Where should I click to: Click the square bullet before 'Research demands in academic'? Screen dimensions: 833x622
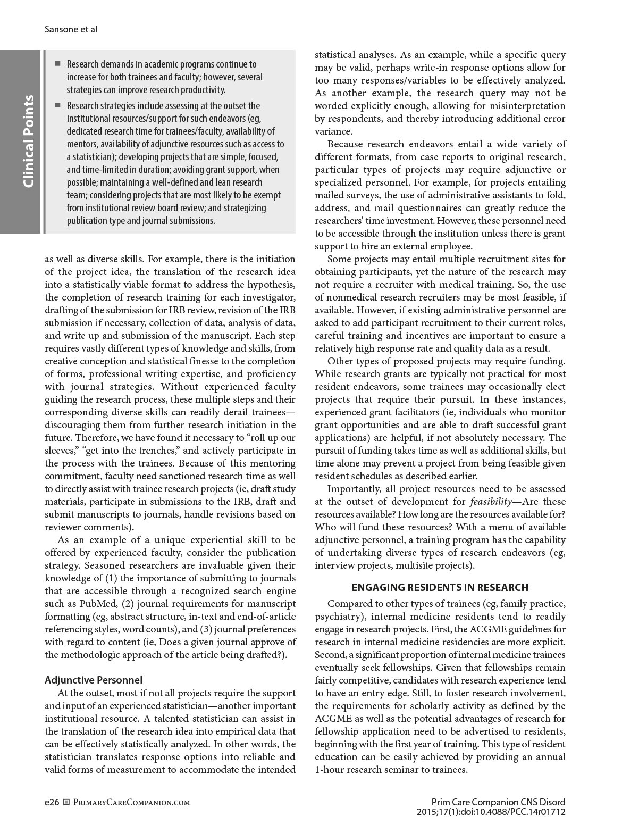(58, 64)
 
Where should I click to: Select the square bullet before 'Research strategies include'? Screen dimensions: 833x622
(58, 106)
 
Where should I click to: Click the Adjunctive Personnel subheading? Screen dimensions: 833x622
(94, 680)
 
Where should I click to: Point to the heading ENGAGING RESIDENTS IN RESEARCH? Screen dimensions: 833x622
(440, 588)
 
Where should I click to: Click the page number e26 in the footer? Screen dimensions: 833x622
(52, 802)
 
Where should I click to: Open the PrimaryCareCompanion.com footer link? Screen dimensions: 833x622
(130, 803)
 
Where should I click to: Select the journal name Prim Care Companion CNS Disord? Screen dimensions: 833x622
(498, 802)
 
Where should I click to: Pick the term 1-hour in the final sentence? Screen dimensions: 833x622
(329, 770)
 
